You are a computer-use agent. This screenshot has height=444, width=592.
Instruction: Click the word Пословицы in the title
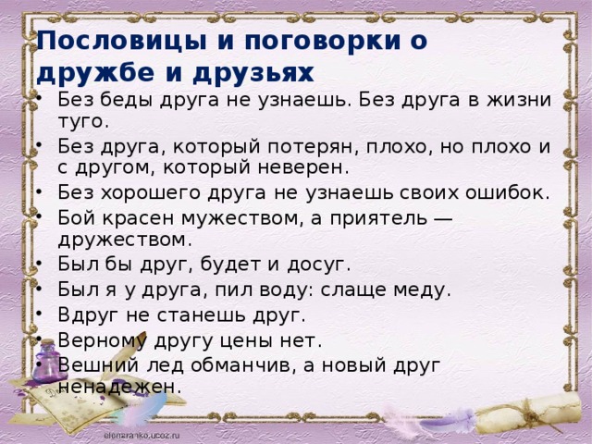click(x=121, y=41)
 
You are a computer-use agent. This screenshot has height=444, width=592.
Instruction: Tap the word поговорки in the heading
click(x=322, y=41)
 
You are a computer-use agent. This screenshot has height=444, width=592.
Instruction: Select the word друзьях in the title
click(x=253, y=72)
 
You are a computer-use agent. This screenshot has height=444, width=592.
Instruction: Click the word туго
click(x=83, y=121)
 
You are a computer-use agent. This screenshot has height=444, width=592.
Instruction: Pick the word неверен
click(x=303, y=168)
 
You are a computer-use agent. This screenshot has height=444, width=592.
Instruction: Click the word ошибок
click(x=507, y=192)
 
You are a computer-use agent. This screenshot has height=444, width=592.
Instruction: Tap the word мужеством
click(x=241, y=218)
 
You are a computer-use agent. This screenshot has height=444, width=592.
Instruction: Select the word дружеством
click(x=125, y=240)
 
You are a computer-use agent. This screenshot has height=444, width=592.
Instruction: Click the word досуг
click(x=319, y=265)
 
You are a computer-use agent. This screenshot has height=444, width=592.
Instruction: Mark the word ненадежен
click(x=120, y=387)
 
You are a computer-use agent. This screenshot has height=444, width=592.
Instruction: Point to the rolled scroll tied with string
click(x=528, y=413)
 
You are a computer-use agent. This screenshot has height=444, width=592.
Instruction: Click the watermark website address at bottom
click(x=142, y=435)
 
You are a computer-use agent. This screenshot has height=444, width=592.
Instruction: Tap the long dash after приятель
click(x=440, y=218)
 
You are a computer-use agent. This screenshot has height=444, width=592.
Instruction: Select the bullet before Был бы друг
click(x=39, y=265)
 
